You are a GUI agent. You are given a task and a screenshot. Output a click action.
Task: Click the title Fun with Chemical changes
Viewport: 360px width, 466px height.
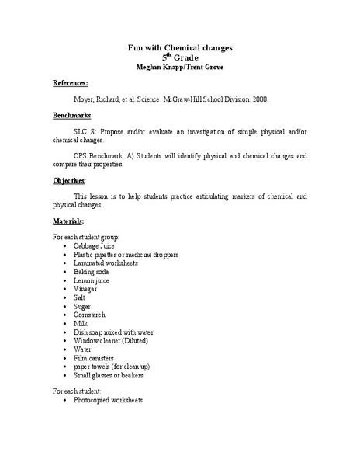click(x=180, y=48)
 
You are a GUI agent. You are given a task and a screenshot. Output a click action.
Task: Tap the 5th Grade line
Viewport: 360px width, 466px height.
click(x=180, y=57)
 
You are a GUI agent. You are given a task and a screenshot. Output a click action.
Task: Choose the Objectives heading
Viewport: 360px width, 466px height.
click(x=70, y=180)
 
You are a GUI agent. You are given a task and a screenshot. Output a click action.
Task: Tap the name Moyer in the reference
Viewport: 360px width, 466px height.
click(x=85, y=99)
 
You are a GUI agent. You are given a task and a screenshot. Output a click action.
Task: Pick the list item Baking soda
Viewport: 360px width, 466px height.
click(x=91, y=273)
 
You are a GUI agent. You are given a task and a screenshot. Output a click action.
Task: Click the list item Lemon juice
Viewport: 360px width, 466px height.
click(x=91, y=281)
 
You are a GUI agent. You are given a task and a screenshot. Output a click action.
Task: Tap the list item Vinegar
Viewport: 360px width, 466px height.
click(x=85, y=290)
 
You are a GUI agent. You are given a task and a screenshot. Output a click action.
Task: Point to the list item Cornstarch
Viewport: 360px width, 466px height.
click(x=89, y=315)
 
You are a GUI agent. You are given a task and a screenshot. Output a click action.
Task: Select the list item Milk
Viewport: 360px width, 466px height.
click(x=81, y=323)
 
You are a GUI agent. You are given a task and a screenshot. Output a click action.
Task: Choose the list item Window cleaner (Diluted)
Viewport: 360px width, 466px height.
click(x=110, y=340)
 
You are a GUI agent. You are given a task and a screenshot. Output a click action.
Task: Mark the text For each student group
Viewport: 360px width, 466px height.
click(x=86, y=235)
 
